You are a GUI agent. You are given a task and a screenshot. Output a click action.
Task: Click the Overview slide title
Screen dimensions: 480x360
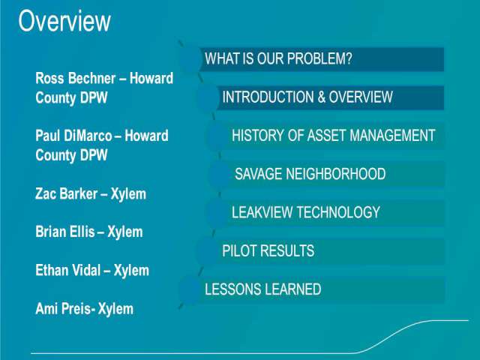pos(64,21)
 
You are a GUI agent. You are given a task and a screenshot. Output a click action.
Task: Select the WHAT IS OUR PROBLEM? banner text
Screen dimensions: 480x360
pos(278,58)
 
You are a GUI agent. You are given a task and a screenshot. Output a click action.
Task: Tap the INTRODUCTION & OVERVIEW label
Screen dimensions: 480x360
pos(307,97)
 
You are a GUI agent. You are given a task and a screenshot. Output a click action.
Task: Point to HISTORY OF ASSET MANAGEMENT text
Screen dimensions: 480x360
pos(333,135)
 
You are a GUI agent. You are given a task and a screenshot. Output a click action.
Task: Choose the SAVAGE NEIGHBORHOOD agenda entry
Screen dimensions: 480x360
pos(310,174)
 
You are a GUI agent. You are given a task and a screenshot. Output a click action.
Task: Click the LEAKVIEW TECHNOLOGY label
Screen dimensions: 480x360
pos(306,212)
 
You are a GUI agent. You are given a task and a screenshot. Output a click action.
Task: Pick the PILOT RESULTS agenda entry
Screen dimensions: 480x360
pos(268,250)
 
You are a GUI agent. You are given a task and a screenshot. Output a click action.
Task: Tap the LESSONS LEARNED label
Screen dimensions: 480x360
pos(263,289)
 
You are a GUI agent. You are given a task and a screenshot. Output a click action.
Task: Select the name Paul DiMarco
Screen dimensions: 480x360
pos(73,136)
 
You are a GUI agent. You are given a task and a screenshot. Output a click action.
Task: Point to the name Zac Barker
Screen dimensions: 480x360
pos(67,193)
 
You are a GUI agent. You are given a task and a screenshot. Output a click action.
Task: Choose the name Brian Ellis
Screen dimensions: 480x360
pos(65,232)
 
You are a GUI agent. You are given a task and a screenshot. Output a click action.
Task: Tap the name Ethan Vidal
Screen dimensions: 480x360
pos(68,270)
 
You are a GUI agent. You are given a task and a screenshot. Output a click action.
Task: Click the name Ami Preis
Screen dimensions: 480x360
pos(63,308)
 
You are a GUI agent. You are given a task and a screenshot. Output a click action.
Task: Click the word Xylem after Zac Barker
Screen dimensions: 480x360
pos(128,194)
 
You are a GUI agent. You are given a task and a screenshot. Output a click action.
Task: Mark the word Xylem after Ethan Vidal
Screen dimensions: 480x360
pos(132,271)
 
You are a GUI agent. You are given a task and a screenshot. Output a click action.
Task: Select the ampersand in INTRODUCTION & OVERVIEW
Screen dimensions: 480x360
pos(322,97)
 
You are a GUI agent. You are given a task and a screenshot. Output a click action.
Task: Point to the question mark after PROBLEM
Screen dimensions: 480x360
pos(349,58)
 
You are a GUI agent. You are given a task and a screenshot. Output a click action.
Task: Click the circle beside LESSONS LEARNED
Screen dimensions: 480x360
pos(190,289)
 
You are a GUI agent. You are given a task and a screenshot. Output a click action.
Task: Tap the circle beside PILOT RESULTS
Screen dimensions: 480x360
pos(207,251)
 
